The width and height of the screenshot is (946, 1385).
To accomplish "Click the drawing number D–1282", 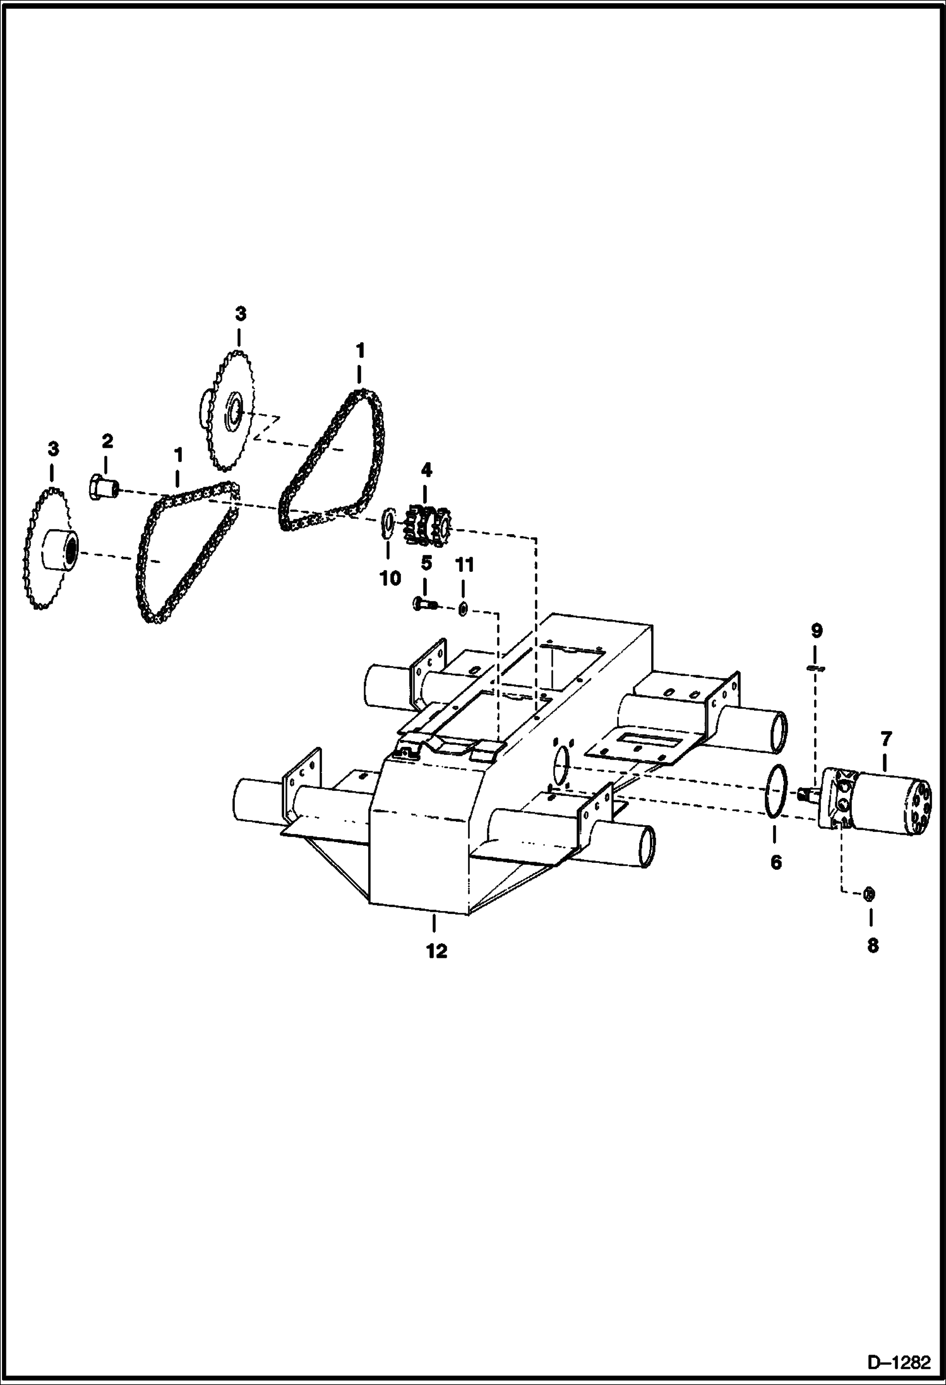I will point(899,1363).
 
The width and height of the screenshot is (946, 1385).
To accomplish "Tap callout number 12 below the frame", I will point(436,951).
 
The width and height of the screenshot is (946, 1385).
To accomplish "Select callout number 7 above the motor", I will point(885,738).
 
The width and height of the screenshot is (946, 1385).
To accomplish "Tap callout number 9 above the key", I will point(817,631).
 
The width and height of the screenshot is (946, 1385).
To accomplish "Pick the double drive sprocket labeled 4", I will point(426,524).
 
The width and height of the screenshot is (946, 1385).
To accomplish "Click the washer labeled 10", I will point(388,523).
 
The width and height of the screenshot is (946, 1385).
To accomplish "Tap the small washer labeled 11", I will point(463,609).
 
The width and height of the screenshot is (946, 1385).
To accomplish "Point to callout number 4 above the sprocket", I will point(427,470).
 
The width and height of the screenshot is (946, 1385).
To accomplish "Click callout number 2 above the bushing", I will point(107,441).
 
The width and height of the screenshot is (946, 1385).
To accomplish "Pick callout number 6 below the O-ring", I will point(776,862).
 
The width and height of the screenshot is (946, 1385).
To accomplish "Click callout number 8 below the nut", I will point(872,945).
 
